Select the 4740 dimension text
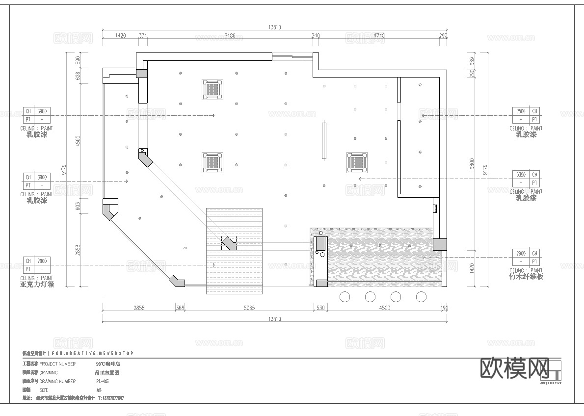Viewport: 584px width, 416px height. click(x=379, y=36)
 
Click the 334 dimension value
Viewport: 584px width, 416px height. click(x=143, y=36)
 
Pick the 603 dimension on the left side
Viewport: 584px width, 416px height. click(x=77, y=206)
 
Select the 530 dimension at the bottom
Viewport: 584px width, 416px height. click(x=320, y=308)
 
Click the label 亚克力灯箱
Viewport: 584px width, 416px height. click(x=37, y=285)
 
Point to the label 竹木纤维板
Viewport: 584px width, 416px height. click(x=526, y=277)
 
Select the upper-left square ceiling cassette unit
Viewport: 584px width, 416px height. click(x=212, y=89)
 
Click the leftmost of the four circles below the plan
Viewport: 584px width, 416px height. click(x=345, y=296)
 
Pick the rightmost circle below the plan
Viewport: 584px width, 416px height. click(x=421, y=296)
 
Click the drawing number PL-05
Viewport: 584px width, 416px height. click(x=102, y=381)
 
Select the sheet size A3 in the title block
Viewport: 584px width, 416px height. click(x=99, y=390)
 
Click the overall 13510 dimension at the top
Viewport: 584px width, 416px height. click(x=274, y=27)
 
